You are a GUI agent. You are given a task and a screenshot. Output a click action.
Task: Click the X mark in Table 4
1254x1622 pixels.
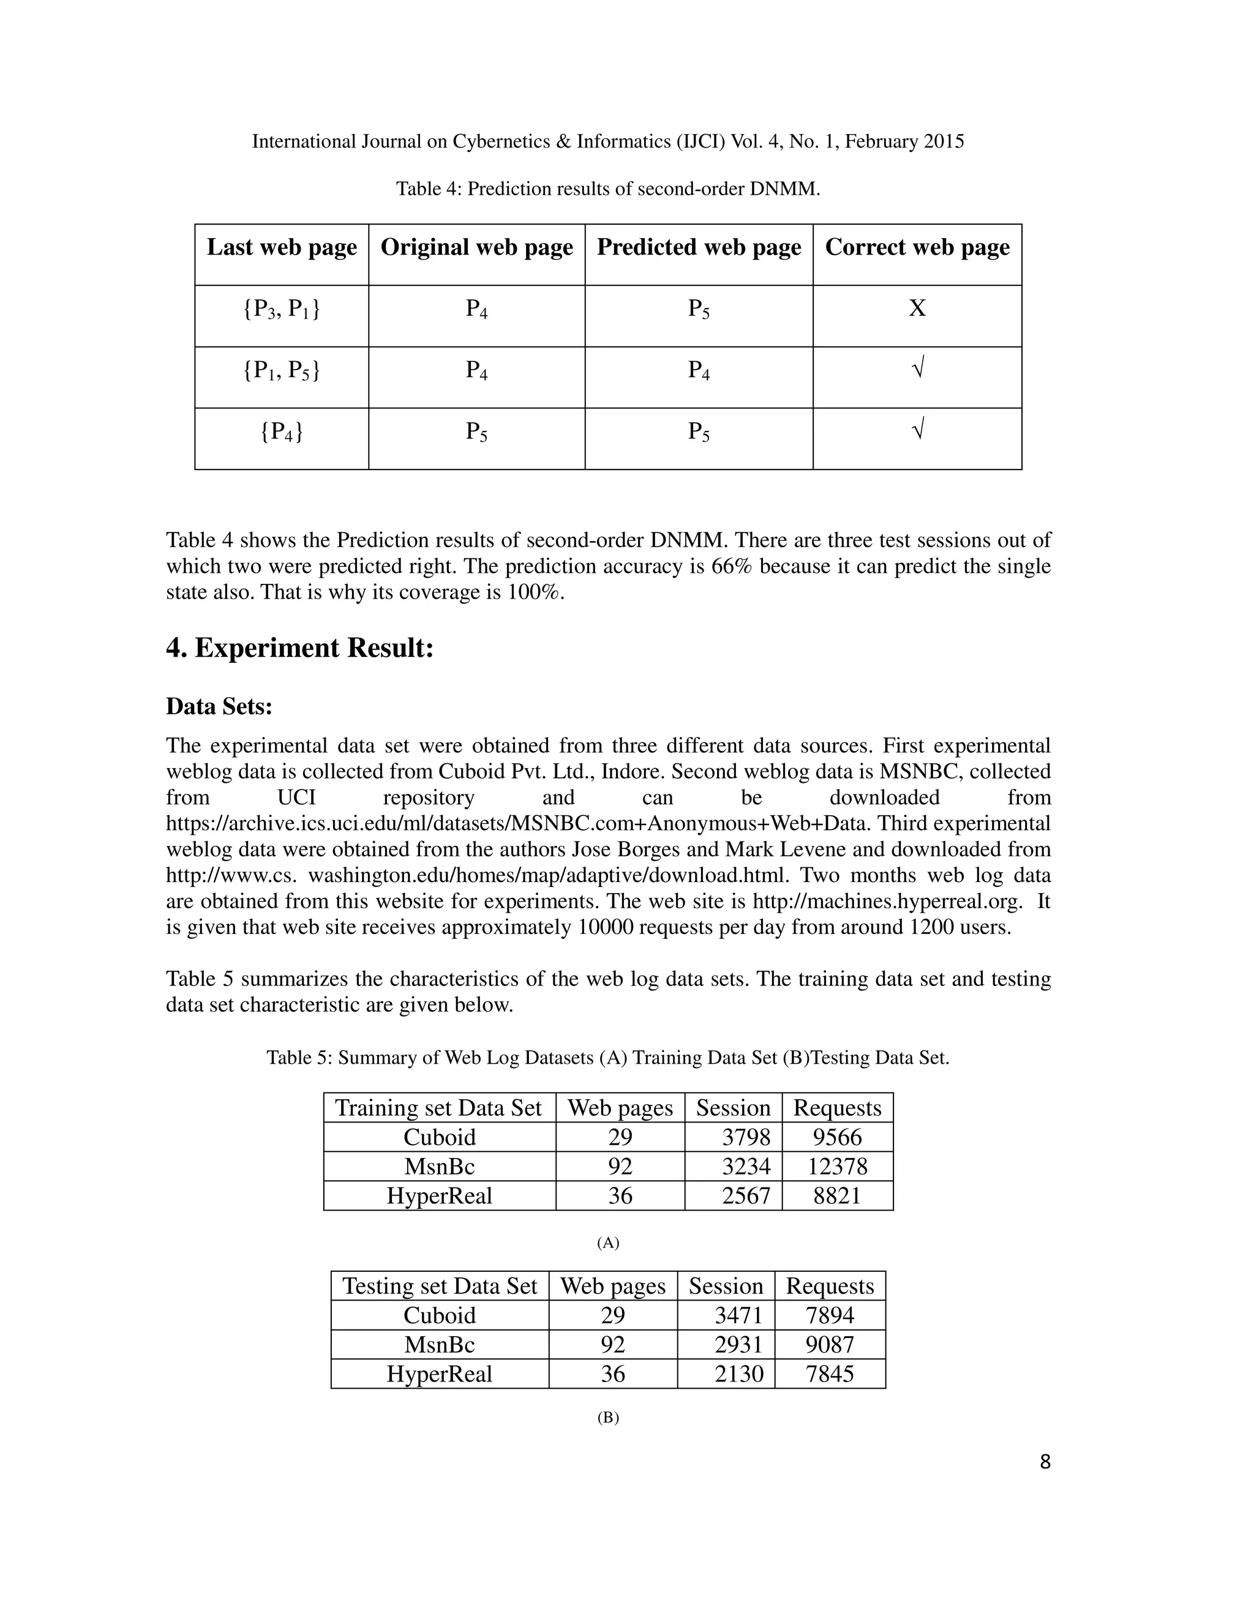917,308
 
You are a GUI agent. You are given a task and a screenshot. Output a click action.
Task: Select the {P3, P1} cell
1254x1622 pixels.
282,309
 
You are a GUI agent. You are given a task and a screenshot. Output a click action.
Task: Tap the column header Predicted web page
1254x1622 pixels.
698,247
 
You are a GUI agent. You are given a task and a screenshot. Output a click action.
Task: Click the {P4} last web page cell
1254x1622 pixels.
282,432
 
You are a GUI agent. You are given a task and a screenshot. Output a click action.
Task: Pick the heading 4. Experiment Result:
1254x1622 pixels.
299,648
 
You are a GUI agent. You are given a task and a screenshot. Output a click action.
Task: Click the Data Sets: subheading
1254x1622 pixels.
219,706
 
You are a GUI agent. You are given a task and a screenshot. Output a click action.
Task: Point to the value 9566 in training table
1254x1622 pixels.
837,1137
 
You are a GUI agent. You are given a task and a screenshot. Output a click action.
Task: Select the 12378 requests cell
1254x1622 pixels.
837,1166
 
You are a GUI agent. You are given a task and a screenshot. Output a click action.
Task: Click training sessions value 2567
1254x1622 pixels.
746,1196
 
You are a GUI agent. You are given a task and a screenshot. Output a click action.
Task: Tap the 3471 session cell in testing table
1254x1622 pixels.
738,1315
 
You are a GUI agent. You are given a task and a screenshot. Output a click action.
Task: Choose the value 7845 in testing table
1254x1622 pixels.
830,1374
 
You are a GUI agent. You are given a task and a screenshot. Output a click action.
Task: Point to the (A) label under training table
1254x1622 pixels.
607,1243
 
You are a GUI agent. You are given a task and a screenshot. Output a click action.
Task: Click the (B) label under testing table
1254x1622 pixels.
607,1417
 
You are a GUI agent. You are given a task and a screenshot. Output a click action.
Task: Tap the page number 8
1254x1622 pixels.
1045,1462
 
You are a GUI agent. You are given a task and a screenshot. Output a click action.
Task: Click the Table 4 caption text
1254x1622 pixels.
607,189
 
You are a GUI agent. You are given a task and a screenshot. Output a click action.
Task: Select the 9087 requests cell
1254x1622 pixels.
830,1344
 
